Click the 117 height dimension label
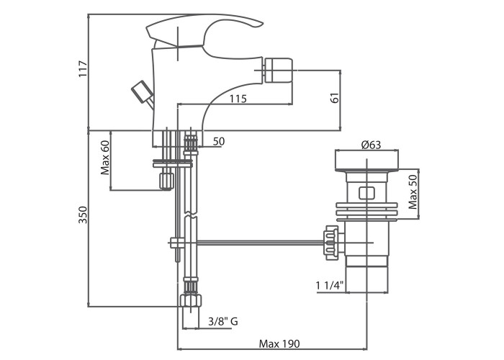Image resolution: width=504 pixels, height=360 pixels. (83, 68)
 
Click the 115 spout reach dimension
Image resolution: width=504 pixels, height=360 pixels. (238, 99)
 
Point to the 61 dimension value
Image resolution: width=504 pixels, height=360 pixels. (335, 98)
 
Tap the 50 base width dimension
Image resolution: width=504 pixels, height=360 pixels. (219, 141)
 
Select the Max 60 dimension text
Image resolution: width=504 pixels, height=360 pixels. (105, 158)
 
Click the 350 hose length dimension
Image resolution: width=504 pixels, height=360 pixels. (83, 215)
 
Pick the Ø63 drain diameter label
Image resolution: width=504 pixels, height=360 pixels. (371, 145)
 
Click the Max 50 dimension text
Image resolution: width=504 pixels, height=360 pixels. (413, 192)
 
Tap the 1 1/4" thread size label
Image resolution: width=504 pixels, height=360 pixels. (330, 285)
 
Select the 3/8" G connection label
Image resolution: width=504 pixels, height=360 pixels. (223, 321)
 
